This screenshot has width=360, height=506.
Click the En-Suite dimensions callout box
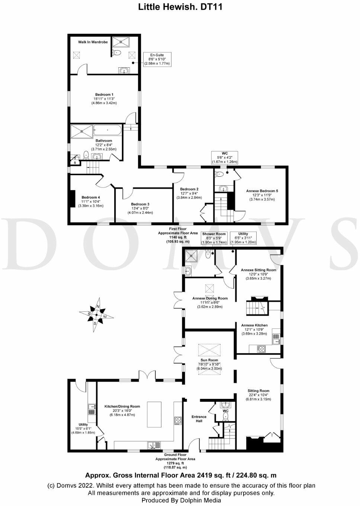(157, 60)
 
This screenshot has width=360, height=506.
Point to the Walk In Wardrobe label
(93, 42)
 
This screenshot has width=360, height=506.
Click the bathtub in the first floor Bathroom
(107, 130)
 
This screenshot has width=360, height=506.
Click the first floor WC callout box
(225, 157)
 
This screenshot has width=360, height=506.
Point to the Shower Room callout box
(214, 238)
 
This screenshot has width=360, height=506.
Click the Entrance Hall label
(199, 419)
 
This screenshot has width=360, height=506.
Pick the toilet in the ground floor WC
(225, 416)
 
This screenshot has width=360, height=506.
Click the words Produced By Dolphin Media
(181, 500)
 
